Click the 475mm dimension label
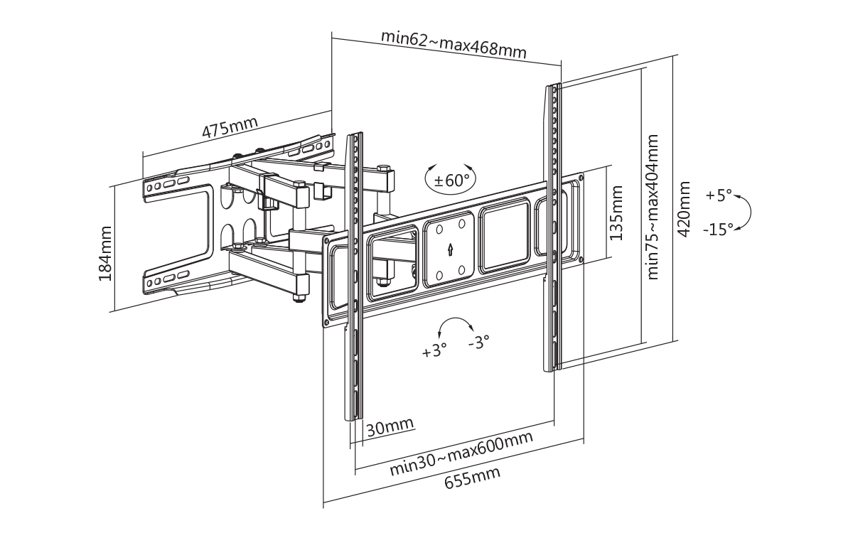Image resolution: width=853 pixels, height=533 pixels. pos(230,129)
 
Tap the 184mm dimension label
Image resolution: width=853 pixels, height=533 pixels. pos(106,252)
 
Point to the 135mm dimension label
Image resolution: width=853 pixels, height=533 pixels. pos(616,212)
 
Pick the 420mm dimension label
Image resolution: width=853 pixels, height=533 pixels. pos(685,210)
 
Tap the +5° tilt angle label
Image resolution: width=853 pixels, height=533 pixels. pos(719,195)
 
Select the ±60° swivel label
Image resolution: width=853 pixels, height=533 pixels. pos(452,180)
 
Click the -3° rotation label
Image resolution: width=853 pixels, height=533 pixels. pos(479,342)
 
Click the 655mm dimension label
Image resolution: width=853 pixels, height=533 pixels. pos(472,478)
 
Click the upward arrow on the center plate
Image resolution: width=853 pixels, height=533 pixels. pos(450,250)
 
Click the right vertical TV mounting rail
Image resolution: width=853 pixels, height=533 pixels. pos(553,227)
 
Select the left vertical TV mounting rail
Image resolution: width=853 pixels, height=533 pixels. pos(353,277)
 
